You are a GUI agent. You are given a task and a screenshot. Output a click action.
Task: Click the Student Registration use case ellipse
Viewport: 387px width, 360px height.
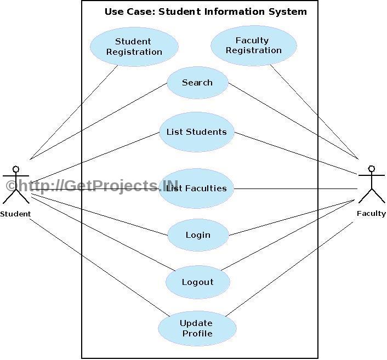[x=134, y=47]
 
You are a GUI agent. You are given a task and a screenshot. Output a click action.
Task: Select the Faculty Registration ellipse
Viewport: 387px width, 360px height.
[x=253, y=45]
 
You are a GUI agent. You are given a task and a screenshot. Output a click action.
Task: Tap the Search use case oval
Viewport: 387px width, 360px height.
[x=197, y=83]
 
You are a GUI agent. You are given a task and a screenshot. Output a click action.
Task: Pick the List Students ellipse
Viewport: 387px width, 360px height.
[x=196, y=132]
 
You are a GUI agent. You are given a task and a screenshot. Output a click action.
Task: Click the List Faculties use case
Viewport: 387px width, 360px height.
[x=196, y=188]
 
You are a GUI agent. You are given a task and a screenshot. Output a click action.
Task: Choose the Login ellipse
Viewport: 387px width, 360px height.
[x=197, y=235]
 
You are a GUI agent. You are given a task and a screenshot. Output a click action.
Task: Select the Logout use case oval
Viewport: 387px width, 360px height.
[x=197, y=282]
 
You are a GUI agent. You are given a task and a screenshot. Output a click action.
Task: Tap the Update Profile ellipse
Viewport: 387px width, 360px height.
[x=197, y=328]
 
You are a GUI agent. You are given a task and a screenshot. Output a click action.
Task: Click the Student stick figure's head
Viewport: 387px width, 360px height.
[x=16, y=169]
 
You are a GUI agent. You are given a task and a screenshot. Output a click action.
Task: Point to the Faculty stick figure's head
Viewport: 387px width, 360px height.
[x=372, y=168]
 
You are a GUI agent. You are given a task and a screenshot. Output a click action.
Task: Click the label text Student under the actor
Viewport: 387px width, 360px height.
[x=15, y=214]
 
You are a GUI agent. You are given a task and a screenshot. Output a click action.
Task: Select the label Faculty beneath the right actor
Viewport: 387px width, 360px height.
[x=371, y=214]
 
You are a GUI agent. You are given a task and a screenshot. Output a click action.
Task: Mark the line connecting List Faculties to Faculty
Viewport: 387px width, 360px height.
[x=296, y=188]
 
